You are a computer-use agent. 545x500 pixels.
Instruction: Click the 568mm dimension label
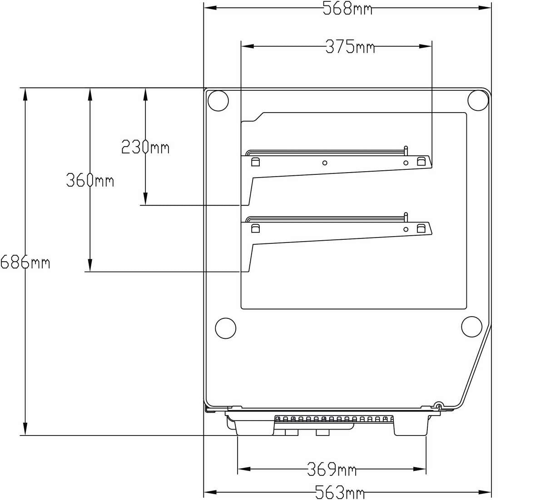[x=347, y=8]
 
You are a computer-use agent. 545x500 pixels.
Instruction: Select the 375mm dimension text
[x=350, y=47]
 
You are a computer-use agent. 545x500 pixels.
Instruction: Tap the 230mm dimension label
[x=145, y=147]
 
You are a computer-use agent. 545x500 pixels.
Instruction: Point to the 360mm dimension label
[x=90, y=180]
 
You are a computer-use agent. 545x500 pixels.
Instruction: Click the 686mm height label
[x=25, y=262]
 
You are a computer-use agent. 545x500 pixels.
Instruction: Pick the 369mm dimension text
[x=332, y=469]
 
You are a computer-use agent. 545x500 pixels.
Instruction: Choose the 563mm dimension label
[x=340, y=492]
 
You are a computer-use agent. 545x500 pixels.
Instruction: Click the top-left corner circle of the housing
[x=218, y=101]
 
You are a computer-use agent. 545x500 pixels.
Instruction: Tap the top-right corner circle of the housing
[x=478, y=100]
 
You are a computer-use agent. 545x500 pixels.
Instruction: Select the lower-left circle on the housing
[x=225, y=328]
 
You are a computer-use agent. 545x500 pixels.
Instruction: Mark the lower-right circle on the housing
[x=471, y=326]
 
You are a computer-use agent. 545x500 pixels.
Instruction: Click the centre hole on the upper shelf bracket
[x=325, y=163]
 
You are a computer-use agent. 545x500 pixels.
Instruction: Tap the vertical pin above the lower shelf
[x=406, y=218]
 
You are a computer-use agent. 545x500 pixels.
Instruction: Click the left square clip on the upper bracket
[x=255, y=162]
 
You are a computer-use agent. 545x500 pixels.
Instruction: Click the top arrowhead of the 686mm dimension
[x=25, y=94]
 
